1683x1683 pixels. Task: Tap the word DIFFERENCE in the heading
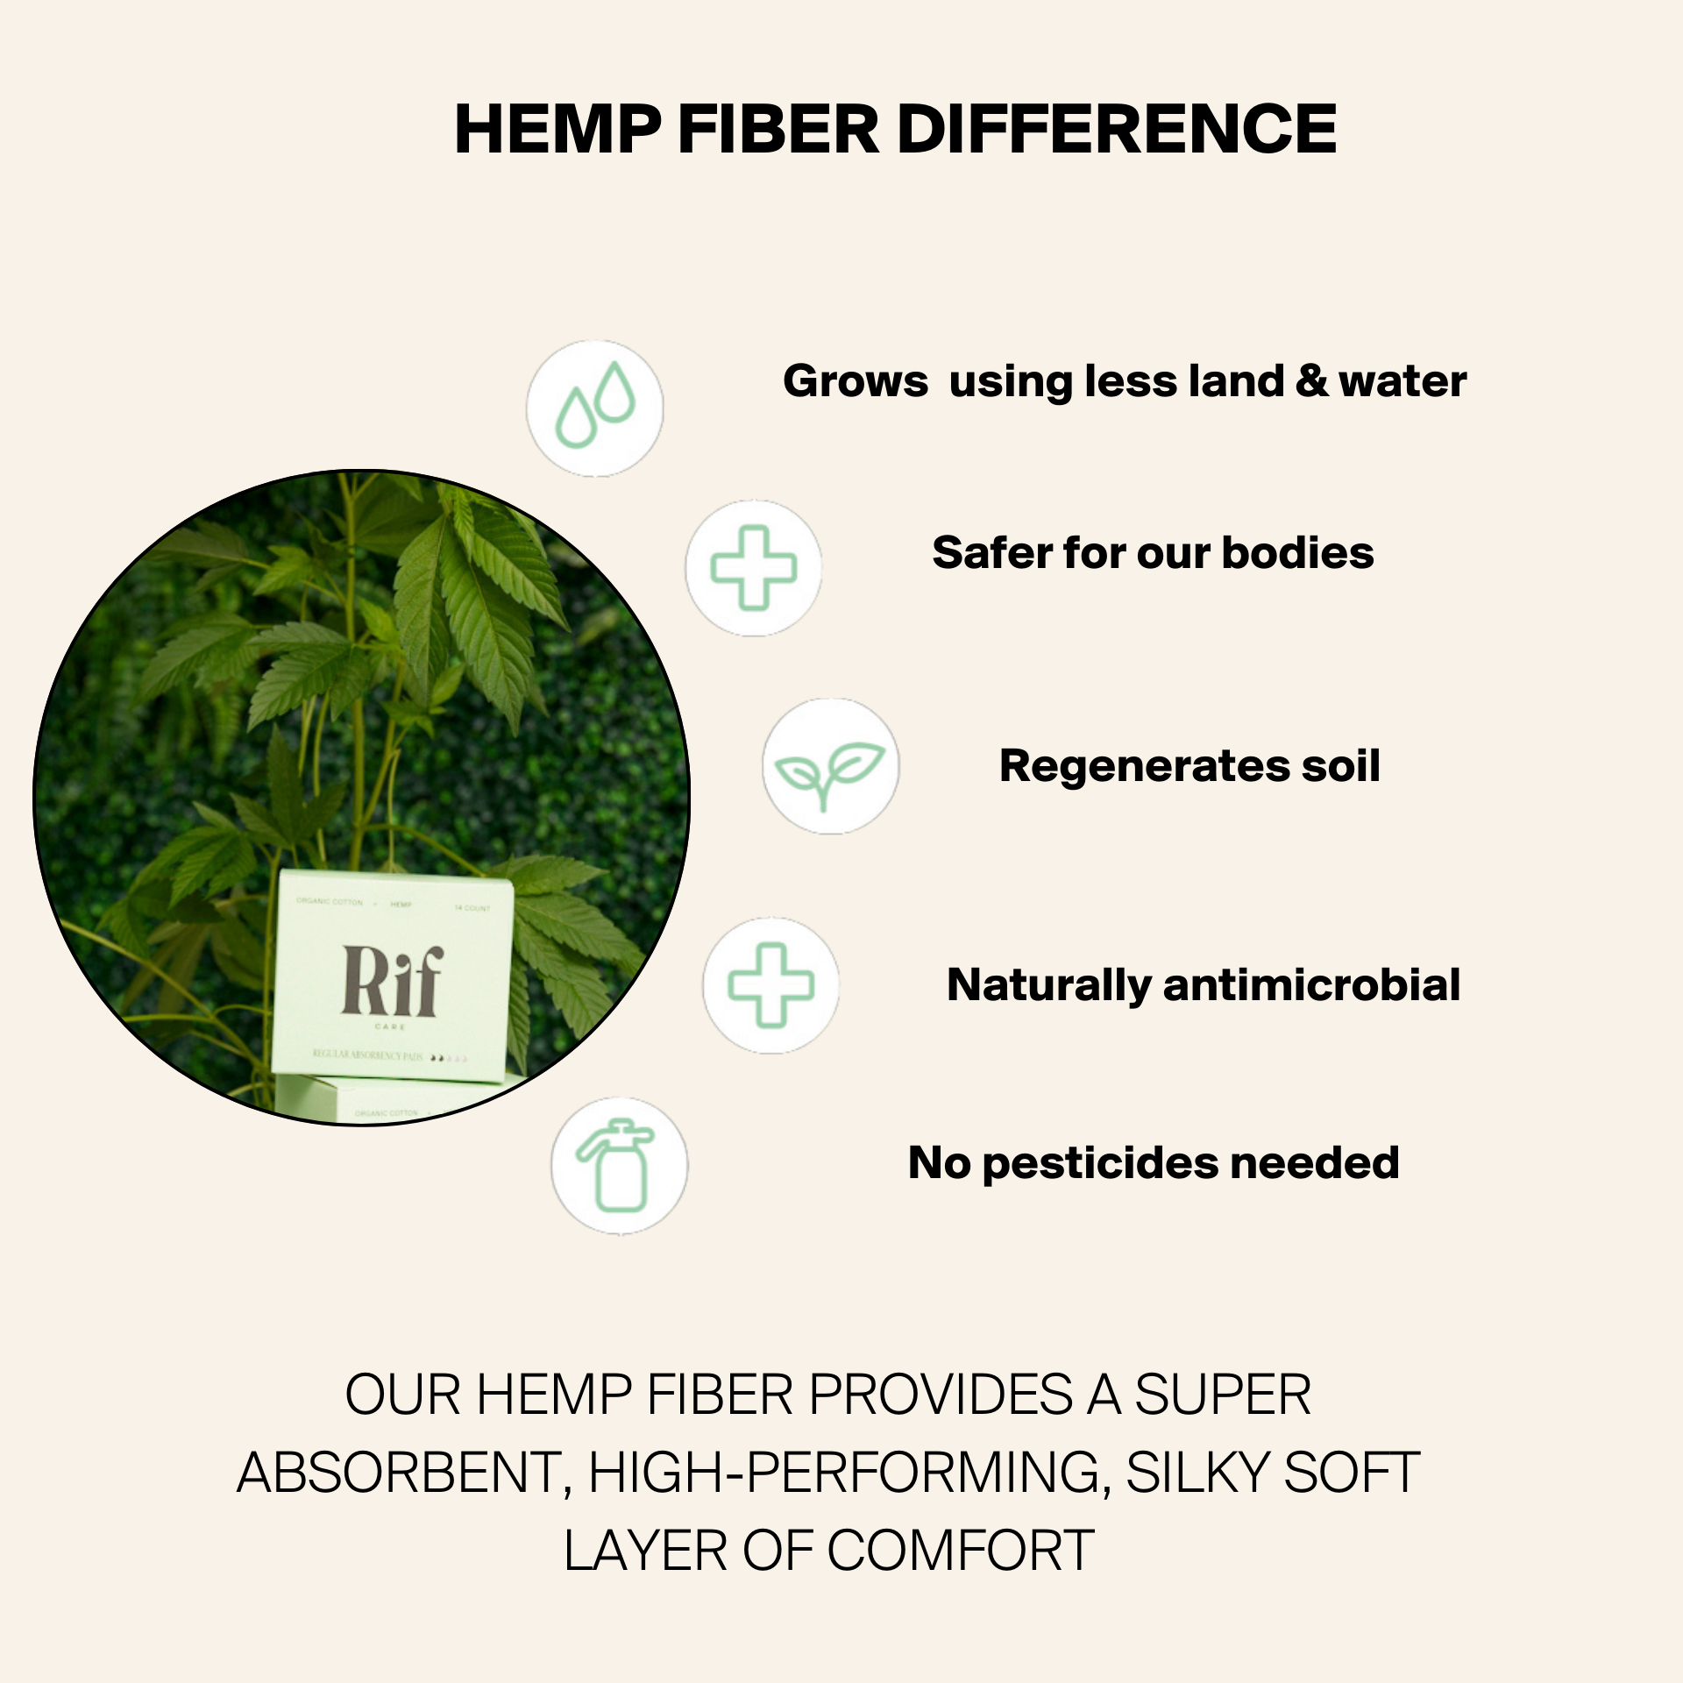(1117, 130)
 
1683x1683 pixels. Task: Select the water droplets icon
(595, 408)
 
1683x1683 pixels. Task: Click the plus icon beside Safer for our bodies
(754, 568)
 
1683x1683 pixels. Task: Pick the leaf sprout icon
(830, 766)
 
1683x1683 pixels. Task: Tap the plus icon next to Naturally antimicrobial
(770, 985)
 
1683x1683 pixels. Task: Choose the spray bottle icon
(619, 1166)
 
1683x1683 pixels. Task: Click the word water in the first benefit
(1402, 381)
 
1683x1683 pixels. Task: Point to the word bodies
(1297, 553)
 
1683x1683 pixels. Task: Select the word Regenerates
(1144, 766)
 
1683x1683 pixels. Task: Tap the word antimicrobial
(1311, 985)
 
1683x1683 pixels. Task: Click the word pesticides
(1100, 1164)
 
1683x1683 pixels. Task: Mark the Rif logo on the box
(392, 981)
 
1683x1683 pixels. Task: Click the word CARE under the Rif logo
(390, 1026)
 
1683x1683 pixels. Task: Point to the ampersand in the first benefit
(1311, 381)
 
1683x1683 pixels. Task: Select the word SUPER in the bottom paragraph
(1223, 1395)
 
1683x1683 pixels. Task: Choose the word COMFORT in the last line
(961, 1552)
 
